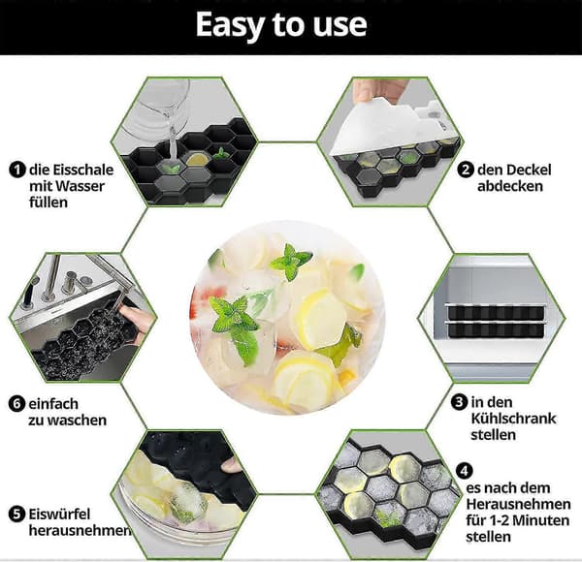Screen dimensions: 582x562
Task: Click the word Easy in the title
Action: click(229, 25)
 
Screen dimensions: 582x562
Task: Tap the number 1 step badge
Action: click(17, 170)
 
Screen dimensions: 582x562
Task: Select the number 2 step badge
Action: click(466, 170)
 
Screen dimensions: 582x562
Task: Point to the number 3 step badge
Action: click(460, 402)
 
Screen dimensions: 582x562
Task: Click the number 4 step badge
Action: click(464, 471)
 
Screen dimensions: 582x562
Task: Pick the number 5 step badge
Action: click(16, 515)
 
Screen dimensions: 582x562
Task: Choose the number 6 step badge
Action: click(16, 404)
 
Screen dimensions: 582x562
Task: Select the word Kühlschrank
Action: click(514, 419)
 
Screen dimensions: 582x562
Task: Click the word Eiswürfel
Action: click(59, 515)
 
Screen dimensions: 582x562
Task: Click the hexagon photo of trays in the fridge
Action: click(491, 318)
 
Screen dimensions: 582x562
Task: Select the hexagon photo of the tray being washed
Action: click(82, 317)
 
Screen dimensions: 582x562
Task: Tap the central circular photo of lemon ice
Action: click(287, 318)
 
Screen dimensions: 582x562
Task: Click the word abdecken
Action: click(510, 186)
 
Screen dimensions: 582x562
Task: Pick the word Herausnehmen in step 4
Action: click(519, 504)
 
